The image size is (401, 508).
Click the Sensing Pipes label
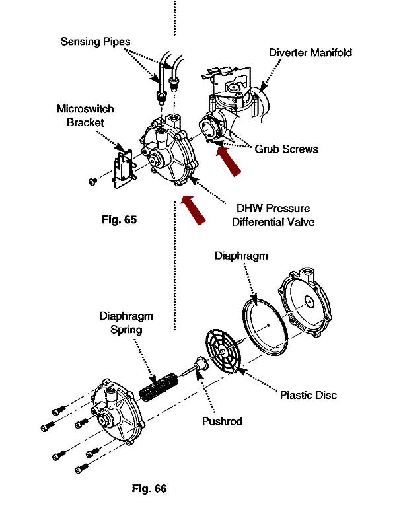pos(95,42)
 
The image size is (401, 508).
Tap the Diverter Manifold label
pos(310,52)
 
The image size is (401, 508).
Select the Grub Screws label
pos(286,149)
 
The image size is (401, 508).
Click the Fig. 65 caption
pos(119,219)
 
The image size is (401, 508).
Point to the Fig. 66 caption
pos(149,488)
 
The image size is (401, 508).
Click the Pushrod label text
pos(222,421)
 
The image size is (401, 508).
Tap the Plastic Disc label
pos(308,395)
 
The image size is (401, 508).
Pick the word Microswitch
pos(85,108)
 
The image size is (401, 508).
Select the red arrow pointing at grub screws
pos(229,161)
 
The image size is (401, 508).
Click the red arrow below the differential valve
pos(194,209)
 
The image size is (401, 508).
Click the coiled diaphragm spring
pos(159,387)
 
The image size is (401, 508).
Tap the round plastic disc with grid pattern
pos(223,351)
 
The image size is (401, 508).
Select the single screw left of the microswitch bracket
pos(92,182)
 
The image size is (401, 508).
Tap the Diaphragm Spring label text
pos(126,322)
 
